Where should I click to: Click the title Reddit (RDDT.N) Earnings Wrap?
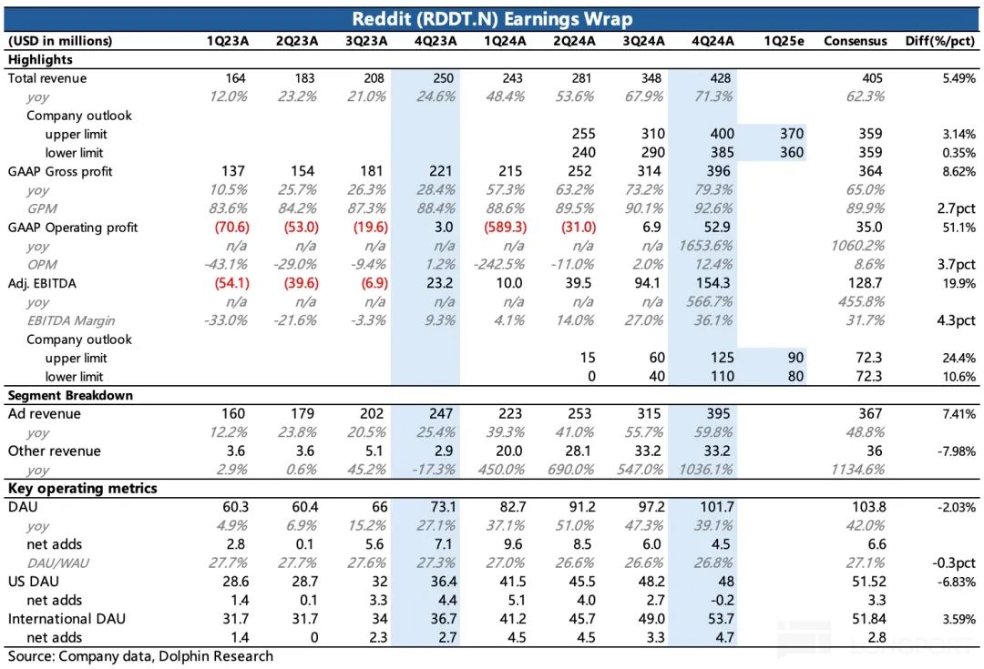(x=492, y=19)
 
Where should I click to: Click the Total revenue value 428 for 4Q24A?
(x=720, y=78)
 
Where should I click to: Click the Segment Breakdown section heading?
(x=70, y=396)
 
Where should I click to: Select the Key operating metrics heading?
(x=82, y=489)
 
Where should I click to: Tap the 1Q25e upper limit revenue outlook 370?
(x=792, y=135)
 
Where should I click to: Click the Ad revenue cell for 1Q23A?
(x=233, y=414)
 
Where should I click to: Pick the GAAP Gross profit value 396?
(x=720, y=172)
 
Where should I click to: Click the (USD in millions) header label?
(x=60, y=41)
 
